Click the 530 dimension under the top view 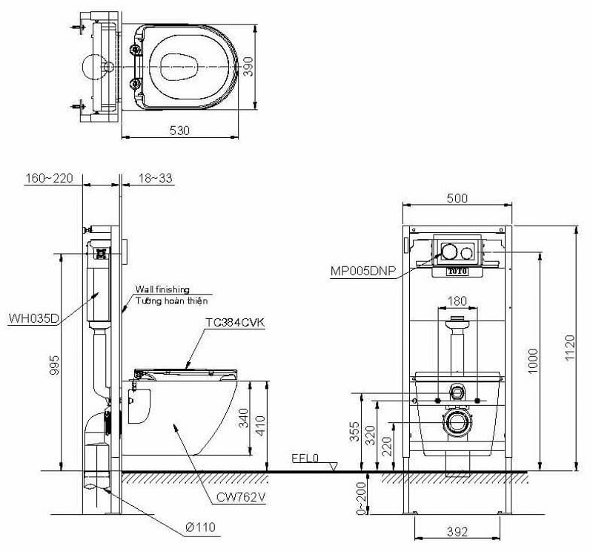179,130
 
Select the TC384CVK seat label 233,323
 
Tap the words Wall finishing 162,289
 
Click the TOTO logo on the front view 457,271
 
